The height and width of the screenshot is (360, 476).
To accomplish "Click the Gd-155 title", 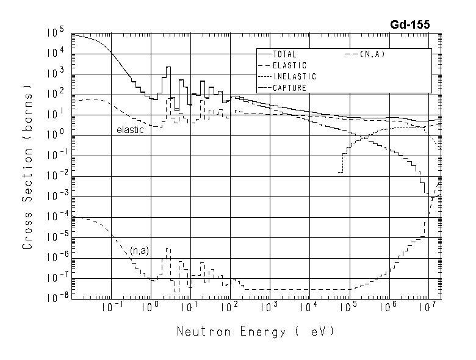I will pyautogui.click(x=410, y=25).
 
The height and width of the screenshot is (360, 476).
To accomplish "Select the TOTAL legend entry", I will pyautogui.click(x=284, y=54).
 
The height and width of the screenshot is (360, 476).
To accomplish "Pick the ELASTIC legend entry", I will pyautogui.click(x=289, y=65).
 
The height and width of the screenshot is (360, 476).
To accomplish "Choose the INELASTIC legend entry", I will pyautogui.click(x=294, y=76).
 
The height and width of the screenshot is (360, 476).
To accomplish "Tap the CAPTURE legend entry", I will pyautogui.click(x=289, y=87).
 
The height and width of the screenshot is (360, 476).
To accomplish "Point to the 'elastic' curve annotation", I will pyautogui.click(x=130, y=130).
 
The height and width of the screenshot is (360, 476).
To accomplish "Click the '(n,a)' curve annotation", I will pyautogui.click(x=139, y=250).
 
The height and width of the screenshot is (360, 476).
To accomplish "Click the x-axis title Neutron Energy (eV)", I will pyautogui.click(x=256, y=332).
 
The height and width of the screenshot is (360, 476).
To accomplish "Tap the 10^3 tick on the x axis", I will pyautogui.click(x=269, y=308).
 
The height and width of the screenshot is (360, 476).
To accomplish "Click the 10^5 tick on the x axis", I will pyautogui.click(x=348, y=308).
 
